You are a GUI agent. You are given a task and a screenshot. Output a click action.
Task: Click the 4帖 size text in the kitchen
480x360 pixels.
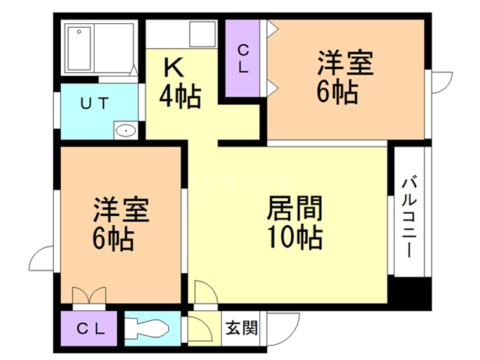click(x=180, y=96)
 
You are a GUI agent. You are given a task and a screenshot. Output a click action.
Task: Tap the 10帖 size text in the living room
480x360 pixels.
click(x=295, y=237)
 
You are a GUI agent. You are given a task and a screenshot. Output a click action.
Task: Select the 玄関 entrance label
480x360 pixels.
click(x=242, y=328)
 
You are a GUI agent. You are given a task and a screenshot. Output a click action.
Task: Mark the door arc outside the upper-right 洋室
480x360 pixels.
click(x=440, y=81)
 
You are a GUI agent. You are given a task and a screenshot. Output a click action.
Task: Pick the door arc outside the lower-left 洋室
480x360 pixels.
click(x=43, y=259)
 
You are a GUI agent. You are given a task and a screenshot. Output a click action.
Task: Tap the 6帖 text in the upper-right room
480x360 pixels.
click(x=337, y=93)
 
